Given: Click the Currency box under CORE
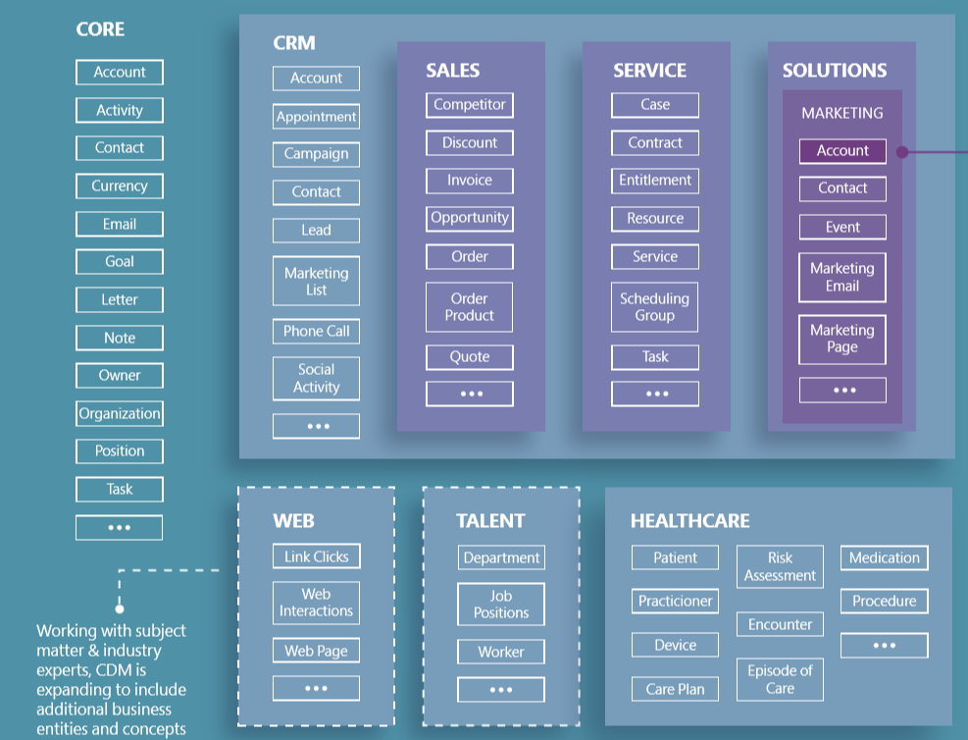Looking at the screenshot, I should (x=120, y=185).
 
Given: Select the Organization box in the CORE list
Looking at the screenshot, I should (x=120, y=413).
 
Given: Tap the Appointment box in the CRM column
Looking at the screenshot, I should (x=316, y=117).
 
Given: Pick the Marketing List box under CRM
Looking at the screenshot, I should (x=316, y=282).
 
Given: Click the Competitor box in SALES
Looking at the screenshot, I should (x=470, y=105).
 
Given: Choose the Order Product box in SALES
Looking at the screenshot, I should (x=470, y=307).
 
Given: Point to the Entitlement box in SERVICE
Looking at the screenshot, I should (x=655, y=181).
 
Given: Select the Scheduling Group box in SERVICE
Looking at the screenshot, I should (x=655, y=307).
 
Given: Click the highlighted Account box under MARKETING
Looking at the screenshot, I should (x=842, y=151).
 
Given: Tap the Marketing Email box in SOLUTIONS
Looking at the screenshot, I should (x=842, y=278).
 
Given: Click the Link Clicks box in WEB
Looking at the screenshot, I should (x=316, y=556).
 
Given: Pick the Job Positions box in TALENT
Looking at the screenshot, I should (x=501, y=605).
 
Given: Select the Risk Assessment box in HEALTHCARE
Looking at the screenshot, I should (x=780, y=567).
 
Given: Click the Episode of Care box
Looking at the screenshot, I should (x=780, y=679).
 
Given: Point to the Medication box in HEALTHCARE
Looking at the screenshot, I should (x=884, y=557).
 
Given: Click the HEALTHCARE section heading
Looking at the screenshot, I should (x=689, y=521).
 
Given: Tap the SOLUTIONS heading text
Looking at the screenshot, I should (x=834, y=71).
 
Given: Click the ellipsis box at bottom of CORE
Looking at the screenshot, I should (x=120, y=528).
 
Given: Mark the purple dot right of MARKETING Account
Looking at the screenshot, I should (x=902, y=152).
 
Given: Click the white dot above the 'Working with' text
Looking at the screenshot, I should (x=120, y=608).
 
